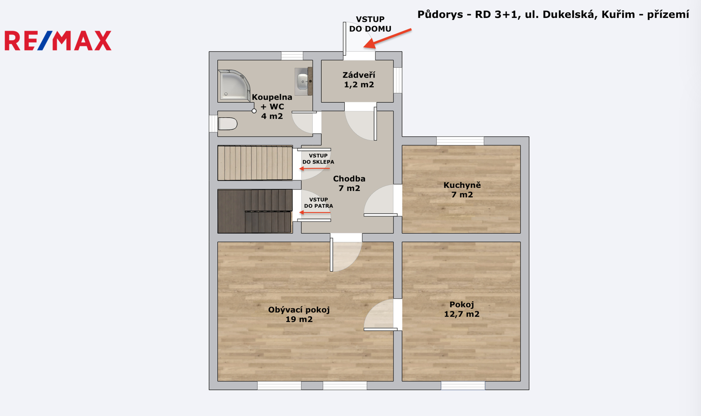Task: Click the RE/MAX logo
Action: [x=58, y=41]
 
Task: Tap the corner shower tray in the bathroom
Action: [x=234, y=85]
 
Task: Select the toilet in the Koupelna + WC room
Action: [x=227, y=124]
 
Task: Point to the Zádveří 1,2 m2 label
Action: [x=359, y=80]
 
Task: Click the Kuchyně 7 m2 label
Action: [x=462, y=190]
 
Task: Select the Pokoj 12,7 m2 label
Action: [x=462, y=309]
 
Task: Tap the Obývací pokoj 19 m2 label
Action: [x=299, y=315]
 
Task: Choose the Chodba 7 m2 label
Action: [x=349, y=183]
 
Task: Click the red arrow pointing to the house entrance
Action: [x=387, y=39]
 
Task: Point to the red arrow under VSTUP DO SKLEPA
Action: [x=315, y=169]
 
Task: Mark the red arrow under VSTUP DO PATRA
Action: [x=315, y=213]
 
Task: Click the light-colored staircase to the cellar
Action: [x=255, y=163]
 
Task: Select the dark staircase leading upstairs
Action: [x=255, y=211]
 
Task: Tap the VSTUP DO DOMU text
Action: [x=370, y=24]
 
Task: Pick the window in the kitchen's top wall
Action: [x=460, y=141]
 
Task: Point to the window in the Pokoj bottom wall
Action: [x=463, y=386]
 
